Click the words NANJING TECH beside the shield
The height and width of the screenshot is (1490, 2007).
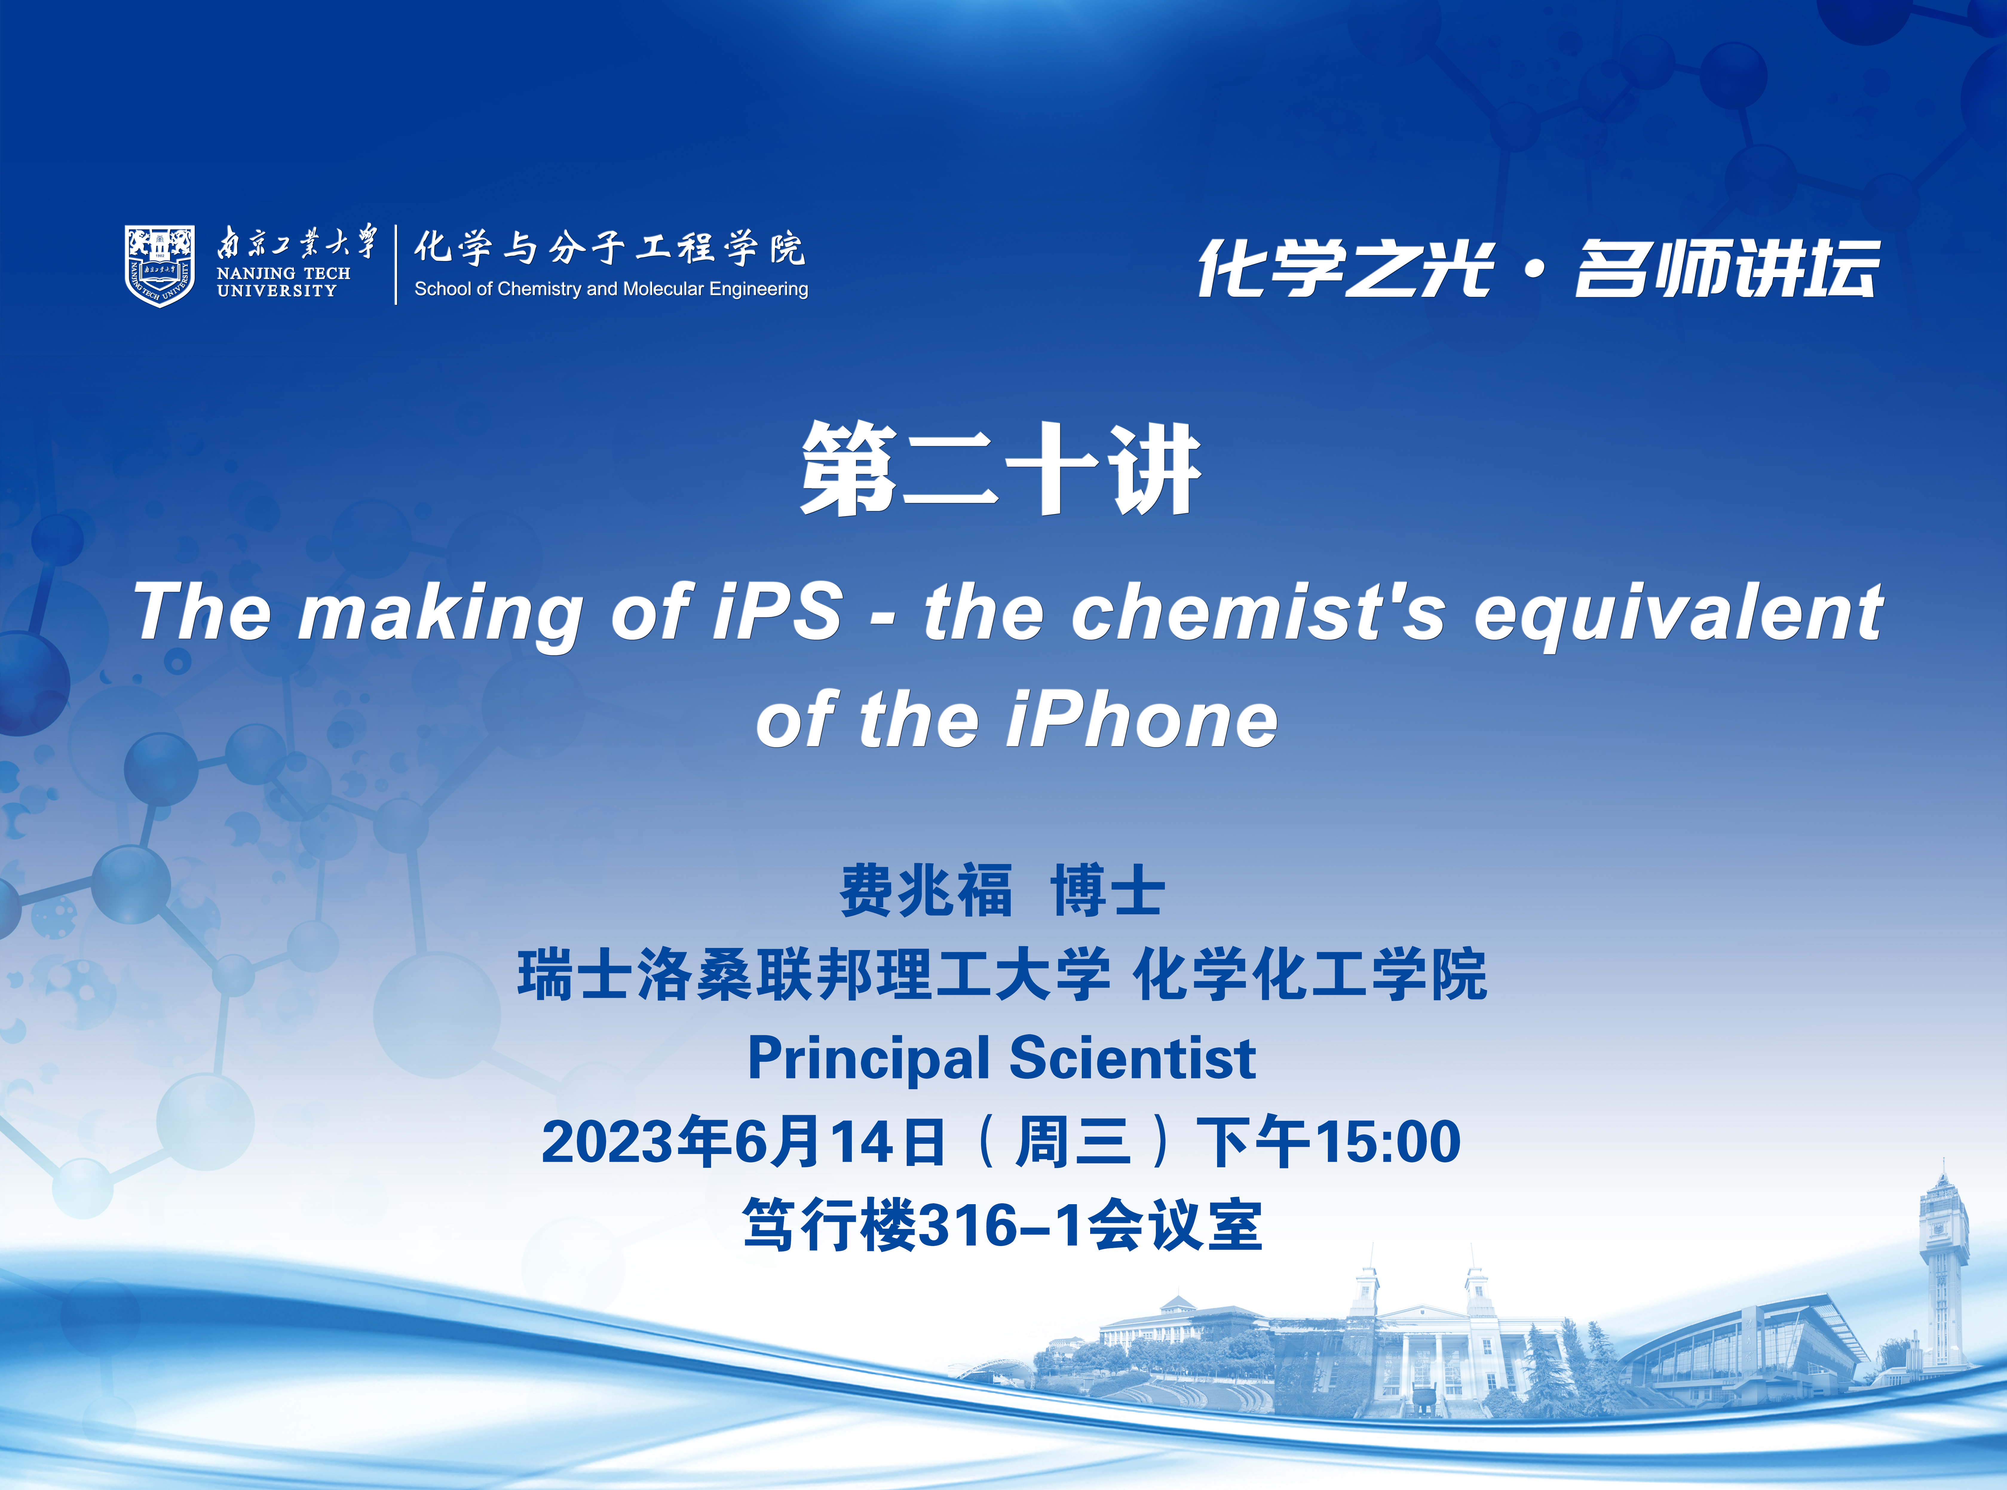[283, 272]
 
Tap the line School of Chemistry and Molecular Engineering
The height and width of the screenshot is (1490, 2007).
[611, 289]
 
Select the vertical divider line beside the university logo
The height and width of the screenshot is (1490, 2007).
[396, 265]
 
